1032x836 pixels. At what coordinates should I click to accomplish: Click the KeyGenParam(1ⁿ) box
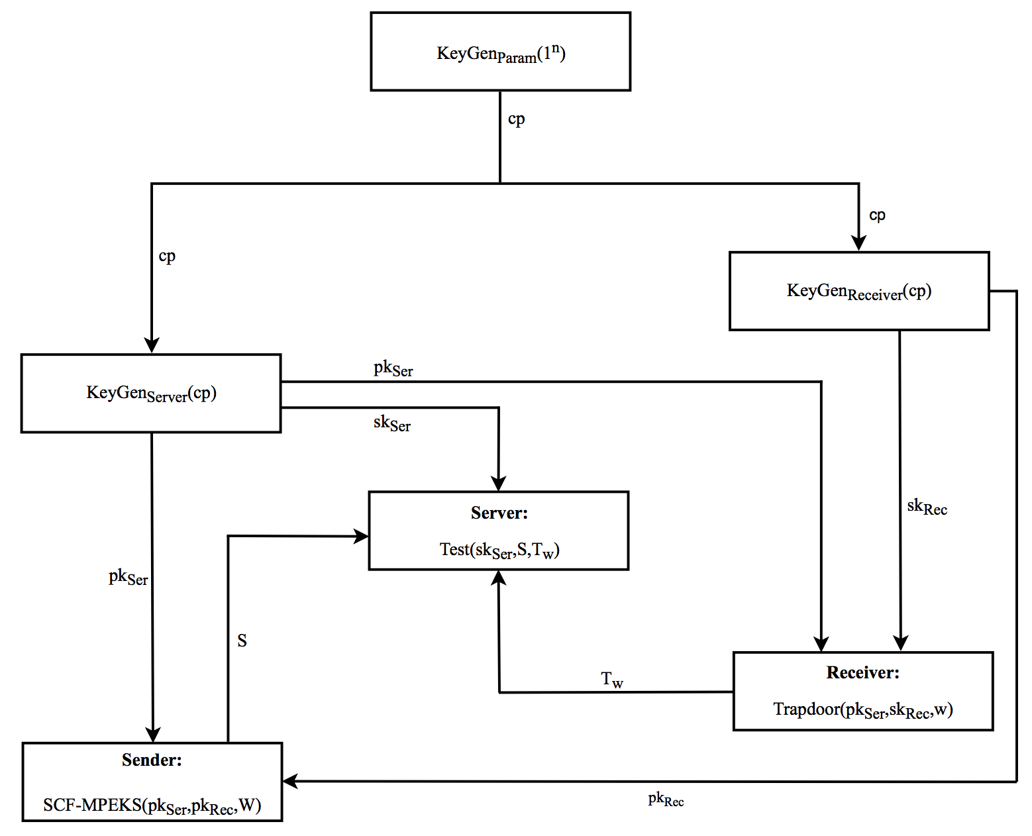tap(500, 52)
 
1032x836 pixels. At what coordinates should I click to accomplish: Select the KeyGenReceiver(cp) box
tap(859, 291)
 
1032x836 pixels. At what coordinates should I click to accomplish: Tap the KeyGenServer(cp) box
tap(151, 393)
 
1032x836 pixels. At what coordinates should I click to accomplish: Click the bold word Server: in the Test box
tap(499, 513)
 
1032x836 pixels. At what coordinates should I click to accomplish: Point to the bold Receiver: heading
tap(862, 672)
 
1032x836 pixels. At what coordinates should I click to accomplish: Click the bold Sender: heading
tap(152, 760)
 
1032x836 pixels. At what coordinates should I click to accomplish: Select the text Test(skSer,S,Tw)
tap(499, 550)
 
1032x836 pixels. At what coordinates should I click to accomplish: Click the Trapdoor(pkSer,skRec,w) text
tap(862, 710)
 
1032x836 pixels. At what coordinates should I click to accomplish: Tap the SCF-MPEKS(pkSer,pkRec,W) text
tap(152, 806)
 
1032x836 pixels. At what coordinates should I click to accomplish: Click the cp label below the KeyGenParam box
tap(516, 119)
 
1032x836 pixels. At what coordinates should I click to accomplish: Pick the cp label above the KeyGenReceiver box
tap(877, 215)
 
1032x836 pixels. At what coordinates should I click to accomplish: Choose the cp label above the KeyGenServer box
tap(167, 256)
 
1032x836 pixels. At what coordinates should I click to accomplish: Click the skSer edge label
tap(392, 423)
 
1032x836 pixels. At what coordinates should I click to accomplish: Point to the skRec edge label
tap(927, 507)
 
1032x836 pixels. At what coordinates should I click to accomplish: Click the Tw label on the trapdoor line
tap(612, 680)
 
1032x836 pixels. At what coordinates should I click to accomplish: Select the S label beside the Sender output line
tap(242, 641)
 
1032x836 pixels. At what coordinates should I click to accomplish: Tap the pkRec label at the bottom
tap(666, 800)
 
